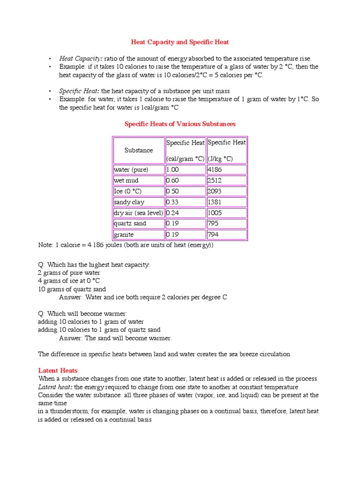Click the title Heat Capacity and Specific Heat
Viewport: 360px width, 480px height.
point(180,42)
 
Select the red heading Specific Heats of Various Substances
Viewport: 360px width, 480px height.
point(180,124)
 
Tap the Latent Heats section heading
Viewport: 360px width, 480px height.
point(58,370)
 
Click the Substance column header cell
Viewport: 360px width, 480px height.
point(138,150)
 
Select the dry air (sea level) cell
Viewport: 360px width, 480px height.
point(138,213)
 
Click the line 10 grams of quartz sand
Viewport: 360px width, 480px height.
point(72,289)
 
